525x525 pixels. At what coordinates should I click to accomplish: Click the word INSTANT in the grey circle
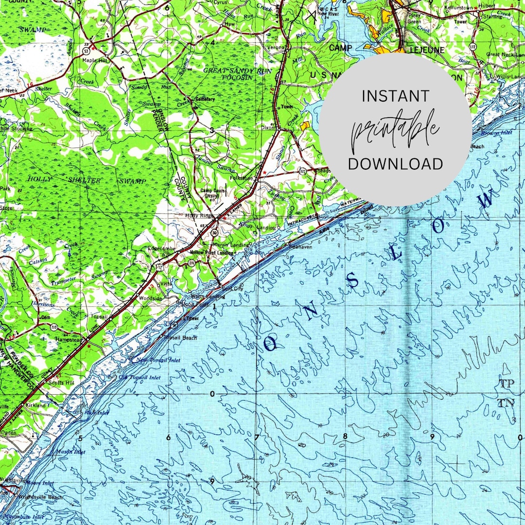[x=395, y=96]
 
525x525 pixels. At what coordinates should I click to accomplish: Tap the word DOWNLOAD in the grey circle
[x=395, y=164]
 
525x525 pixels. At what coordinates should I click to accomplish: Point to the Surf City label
[x=232, y=289]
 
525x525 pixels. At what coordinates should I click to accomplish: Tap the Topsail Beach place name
[x=181, y=338]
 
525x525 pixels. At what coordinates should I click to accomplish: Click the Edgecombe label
[x=161, y=249]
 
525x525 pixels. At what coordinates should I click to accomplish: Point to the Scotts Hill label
[x=61, y=383]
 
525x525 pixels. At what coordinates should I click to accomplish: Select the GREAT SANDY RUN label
[x=231, y=70]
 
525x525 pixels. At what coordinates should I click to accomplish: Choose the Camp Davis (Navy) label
[x=213, y=193]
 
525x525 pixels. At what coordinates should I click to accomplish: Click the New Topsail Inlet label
[x=158, y=360]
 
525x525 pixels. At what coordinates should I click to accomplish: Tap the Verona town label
[x=276, y=47]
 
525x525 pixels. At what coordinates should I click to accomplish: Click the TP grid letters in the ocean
[x=507, y=384]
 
